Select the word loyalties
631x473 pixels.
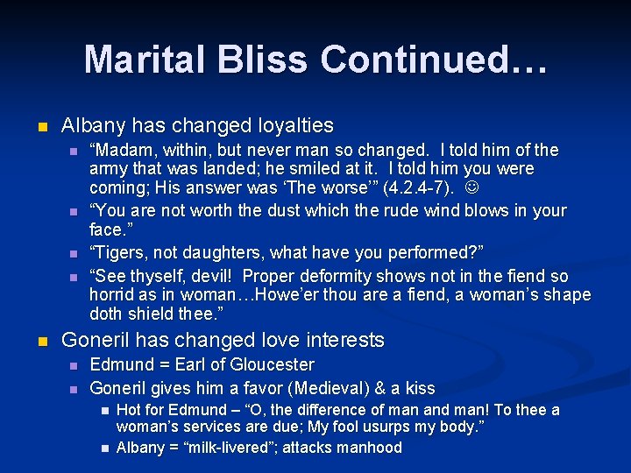click(x=291, y=125)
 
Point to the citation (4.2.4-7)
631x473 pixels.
click(x=415, y=187)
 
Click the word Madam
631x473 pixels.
click(x=122, y=150)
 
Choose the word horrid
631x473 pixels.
click(x=111, y=294)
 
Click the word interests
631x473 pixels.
click(x=341, y=340)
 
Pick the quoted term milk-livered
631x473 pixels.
click(x=232, y=448)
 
